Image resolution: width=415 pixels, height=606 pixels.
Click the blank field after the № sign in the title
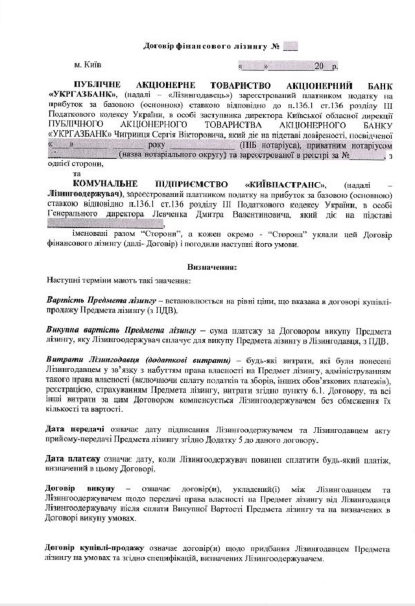(x=290, y=46)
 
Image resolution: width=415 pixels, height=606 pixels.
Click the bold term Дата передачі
(x=70, y=429)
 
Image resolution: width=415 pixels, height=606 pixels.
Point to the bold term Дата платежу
(x=69, y=460)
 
